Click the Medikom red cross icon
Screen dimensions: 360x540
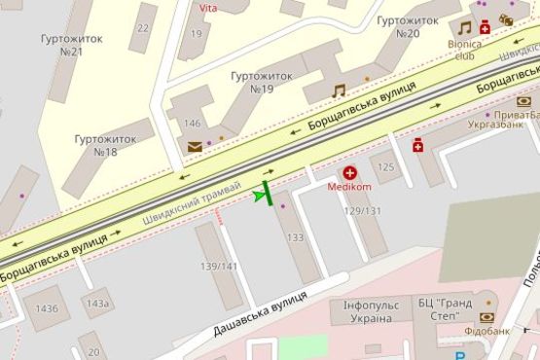pyautogui.click(x=349, y=172)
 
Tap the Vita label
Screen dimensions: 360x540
pyautogui.click(x=208, y=8)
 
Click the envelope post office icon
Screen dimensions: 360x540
pyautogui.click(x=195, y=147)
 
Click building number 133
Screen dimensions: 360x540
pyautogui.click(x=296, y=238)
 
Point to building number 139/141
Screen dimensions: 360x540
pyautogui.click(x=219, y=266)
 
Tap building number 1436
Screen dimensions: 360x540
pyautogui.click(x=47, y=308)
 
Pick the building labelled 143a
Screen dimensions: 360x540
pyautogui.click(x=96, y=303)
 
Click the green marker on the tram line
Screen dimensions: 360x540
pyautogui.click(x=264, y=195)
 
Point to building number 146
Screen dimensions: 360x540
pyautogui.click(x=193, y=124)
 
